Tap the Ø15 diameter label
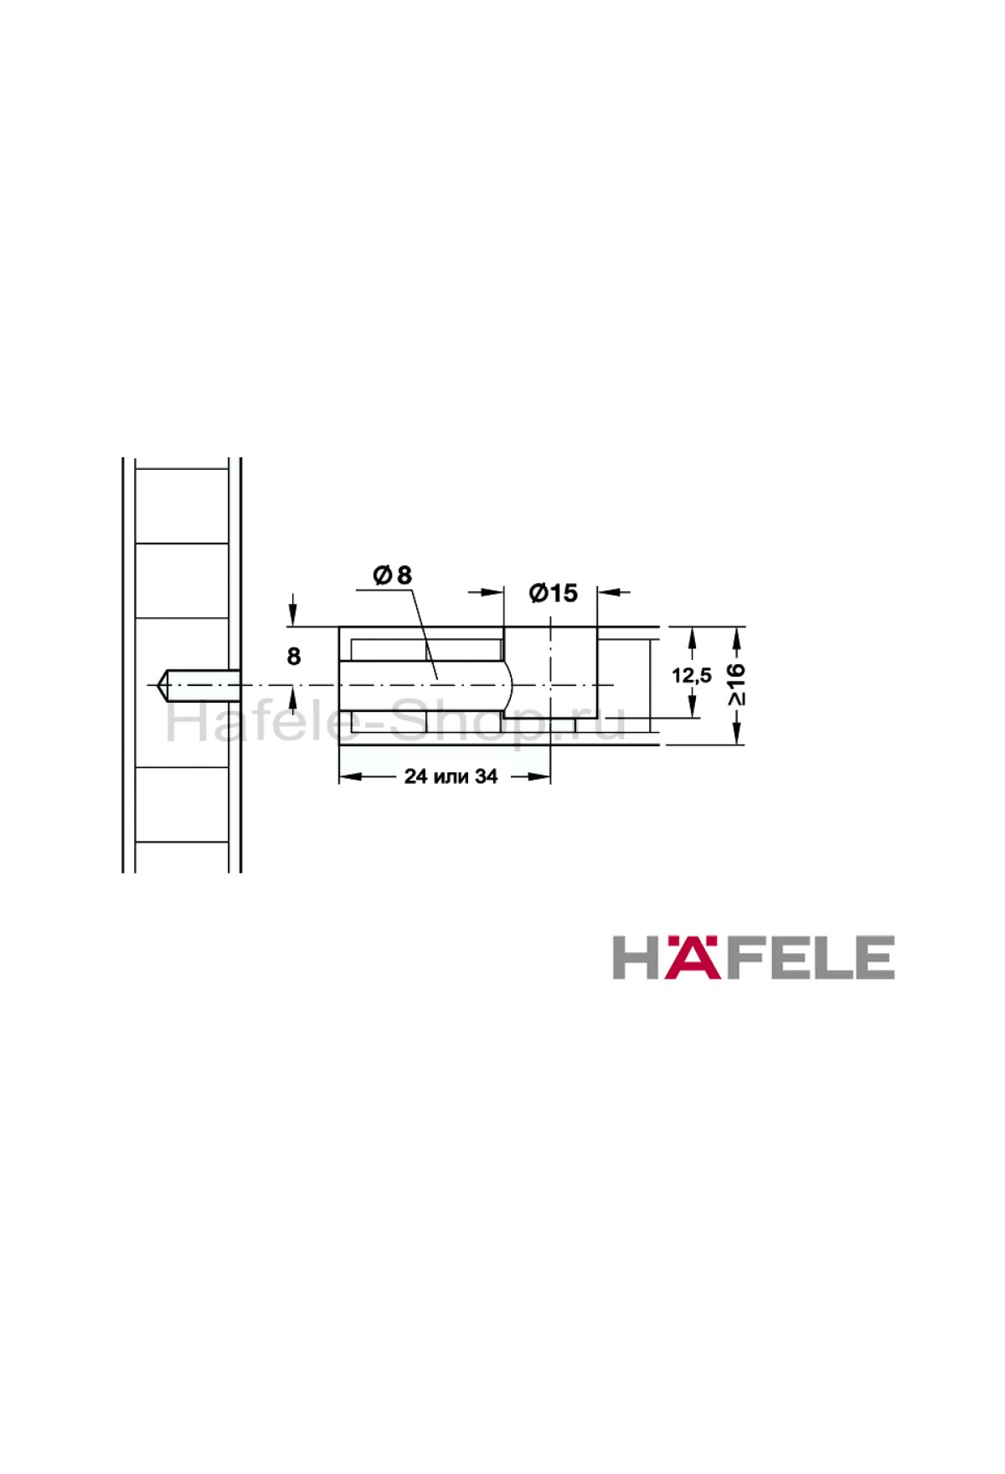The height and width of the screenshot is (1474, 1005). (x=554, y=593)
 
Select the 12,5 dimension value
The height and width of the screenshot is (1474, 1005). (x=692, y=675)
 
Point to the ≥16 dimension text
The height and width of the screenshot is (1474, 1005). (x=736, y=684)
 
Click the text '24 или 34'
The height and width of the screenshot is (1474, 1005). (x=451, y=776)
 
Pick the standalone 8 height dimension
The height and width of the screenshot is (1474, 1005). (x=293, y=657)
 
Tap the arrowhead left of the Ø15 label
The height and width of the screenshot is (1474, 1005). (x=493, y=592)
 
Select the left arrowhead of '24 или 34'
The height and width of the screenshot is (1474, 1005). (x=350, y=776)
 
